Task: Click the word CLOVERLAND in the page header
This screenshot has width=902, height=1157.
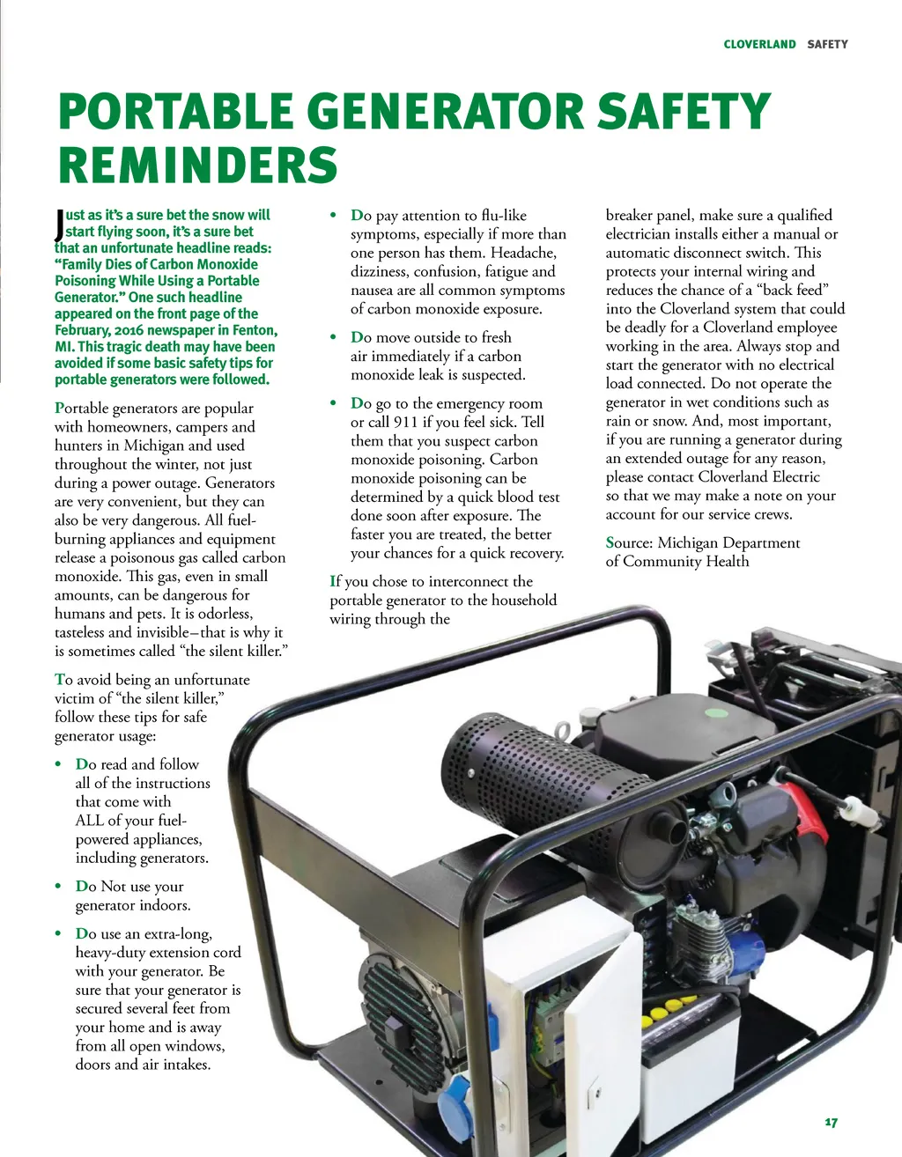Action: [x=759, y=44]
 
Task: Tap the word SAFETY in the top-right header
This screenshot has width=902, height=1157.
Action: [x=827, y=44]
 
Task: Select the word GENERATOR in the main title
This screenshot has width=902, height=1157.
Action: [x=445, y=111]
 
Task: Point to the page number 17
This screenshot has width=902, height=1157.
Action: [x=832, y=1123]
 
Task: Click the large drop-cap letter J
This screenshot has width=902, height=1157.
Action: [x=60, y=225]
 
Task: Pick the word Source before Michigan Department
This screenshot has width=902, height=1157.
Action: [x=629, y=542]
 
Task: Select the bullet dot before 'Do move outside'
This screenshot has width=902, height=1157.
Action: [x=333, y=337]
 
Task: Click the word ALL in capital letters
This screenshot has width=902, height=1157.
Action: [x=88, y=821]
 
